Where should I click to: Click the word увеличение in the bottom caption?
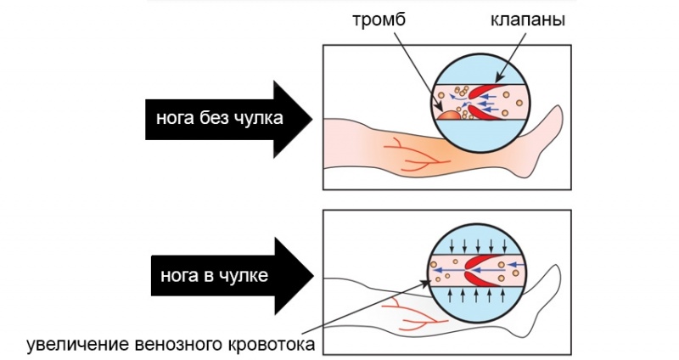click(78, 345)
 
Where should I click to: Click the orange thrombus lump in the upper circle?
click(447, 112)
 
